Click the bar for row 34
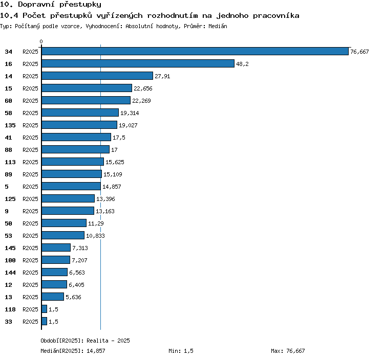[195, 51]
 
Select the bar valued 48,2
[138, 63]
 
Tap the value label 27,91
[162, 76]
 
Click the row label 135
[10, 125]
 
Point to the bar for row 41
[76, 137]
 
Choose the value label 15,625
[115, 162]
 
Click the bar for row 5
[71, 186]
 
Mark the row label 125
[10, 199]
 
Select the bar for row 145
[56, 247]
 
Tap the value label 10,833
[95, 236]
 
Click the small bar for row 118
[45, 309]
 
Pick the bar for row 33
[45, 321]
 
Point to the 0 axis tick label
[41, 41]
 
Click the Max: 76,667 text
[288, 351]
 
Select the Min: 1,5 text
[181, 351]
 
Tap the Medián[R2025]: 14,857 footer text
[73, 351]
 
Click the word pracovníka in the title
[276, 16]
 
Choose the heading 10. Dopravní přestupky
[51, 5]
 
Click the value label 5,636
[73, 297]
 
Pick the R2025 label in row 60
[30, 101]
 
